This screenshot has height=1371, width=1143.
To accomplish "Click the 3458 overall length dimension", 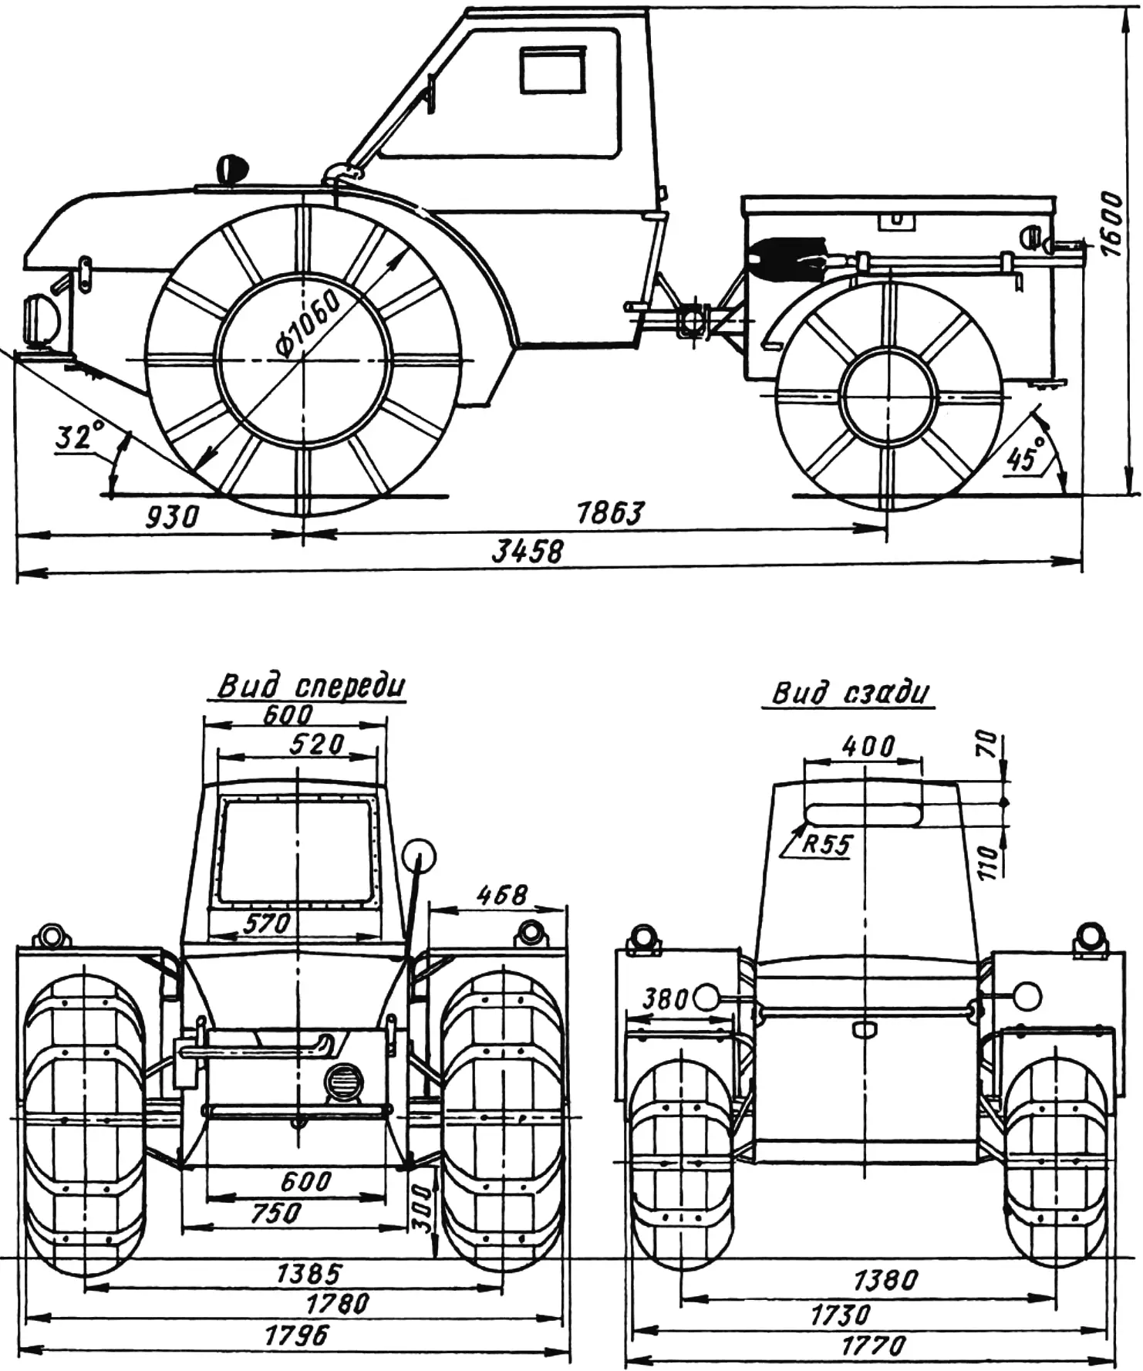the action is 528,551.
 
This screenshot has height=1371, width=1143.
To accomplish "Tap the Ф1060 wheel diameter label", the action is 308,325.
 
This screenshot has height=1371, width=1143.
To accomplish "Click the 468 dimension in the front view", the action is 501,895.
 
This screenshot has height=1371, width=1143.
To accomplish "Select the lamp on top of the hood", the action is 231,169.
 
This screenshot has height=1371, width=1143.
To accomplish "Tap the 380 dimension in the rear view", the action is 666,999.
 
